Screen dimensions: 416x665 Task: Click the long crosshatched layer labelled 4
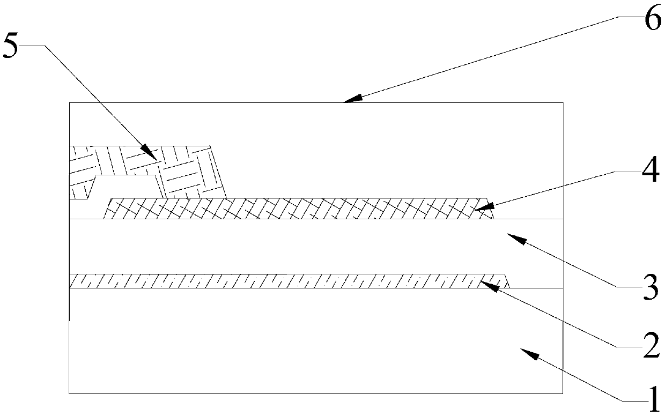coord(300,209)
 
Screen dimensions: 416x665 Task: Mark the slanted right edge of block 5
coord(218,172)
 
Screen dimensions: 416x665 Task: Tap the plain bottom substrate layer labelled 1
coord(316,343)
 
